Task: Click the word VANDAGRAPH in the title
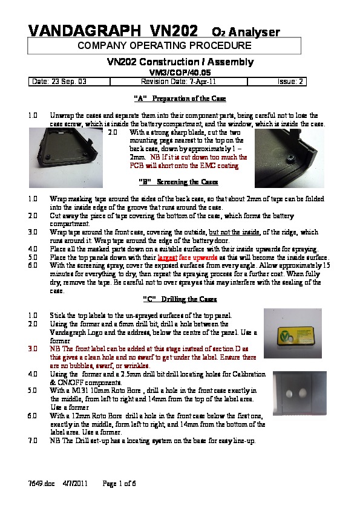pos(85,31)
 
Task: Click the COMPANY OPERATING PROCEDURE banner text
pos(165,45)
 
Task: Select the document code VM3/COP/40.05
pos(180,73)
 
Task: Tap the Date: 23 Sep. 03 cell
pos(69,82)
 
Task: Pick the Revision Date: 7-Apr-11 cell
pos(178,82)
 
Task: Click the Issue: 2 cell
pos(277,82)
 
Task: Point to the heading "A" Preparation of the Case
pos(180,99)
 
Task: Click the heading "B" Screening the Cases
pos(178,182)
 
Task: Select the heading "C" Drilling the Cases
pos(180,299)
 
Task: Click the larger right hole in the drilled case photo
pos(303,393)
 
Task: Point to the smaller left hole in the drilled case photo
pos(289,394)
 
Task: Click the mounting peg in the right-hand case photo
pos(289,158)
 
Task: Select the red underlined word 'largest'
pos(168,258)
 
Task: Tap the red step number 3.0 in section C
pos(33,349)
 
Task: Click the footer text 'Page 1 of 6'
pos(119,484)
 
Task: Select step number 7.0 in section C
pos(33,441)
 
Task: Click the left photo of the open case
pos(66,158)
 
